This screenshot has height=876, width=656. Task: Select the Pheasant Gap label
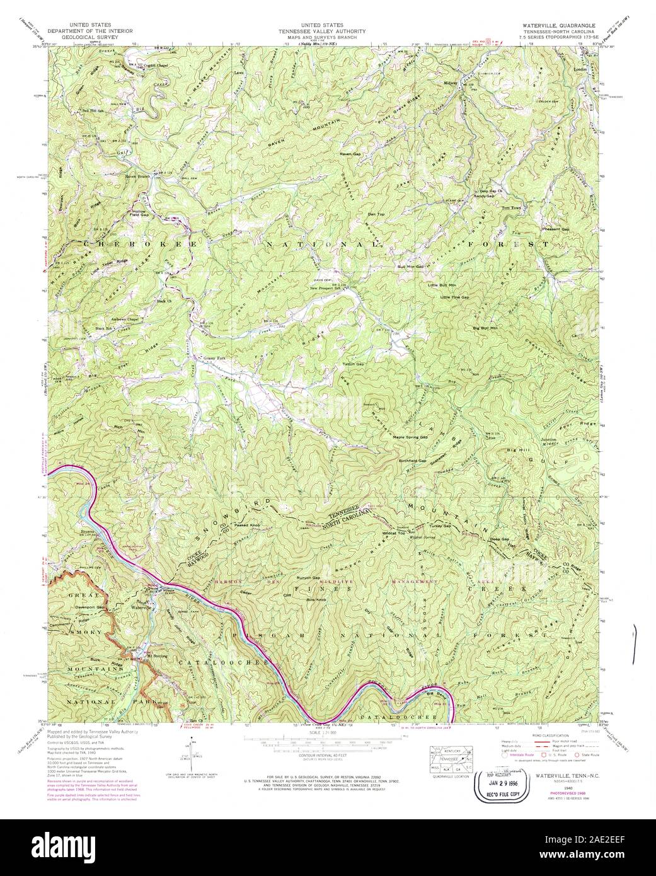click(x=556, y=229)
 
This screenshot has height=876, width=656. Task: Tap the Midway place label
click(x=451, y=83)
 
